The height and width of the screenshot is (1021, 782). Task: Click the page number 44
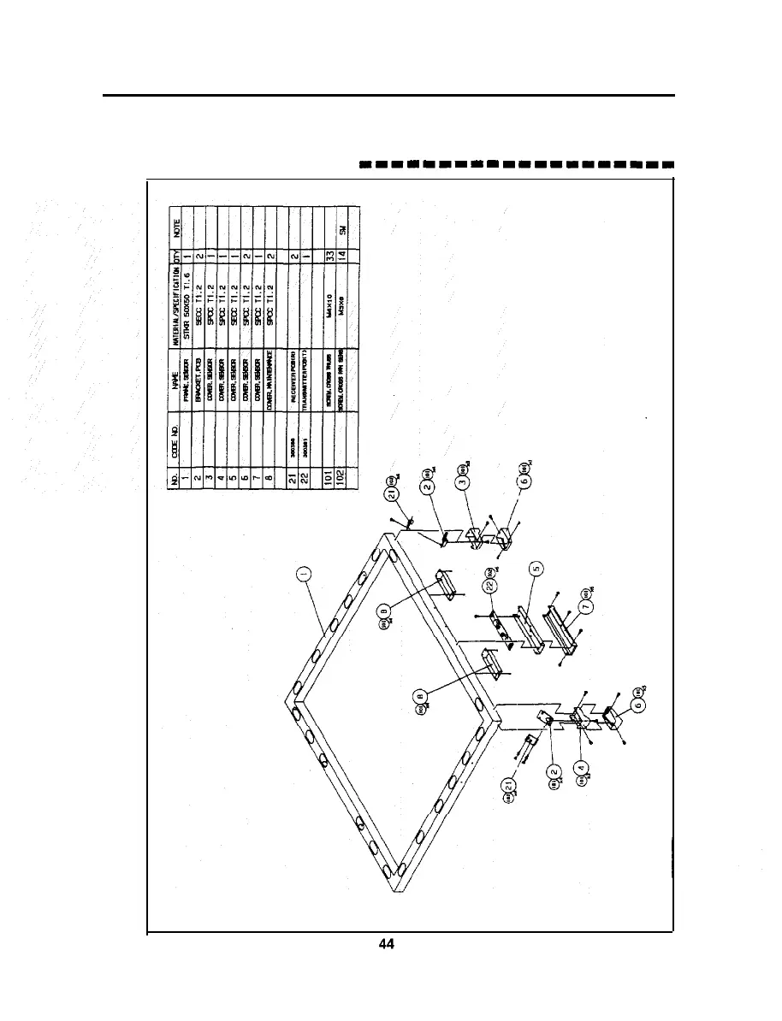tap(386, 945)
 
